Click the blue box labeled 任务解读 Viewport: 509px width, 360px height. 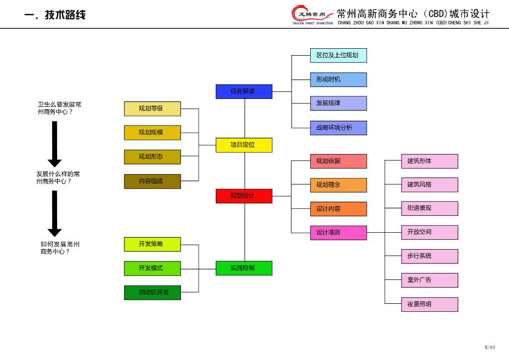click(x=244, y=91)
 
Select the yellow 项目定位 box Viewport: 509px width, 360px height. click(x=244, y=145)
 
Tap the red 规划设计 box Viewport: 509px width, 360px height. click(x=244, y=196)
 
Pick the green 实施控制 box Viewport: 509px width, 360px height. click(x=244, y=268)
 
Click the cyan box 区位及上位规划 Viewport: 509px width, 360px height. click(x=339, y=55)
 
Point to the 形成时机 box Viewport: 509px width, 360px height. click(x=339, y=80)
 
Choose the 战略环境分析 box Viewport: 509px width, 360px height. click(x=339, y=128)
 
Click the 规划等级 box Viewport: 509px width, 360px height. click(x=152, y=108)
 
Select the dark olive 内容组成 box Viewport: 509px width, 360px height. click(x=152, y=181)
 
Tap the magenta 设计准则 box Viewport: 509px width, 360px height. click(x=339, y=233)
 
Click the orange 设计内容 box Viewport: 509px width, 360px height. click(x=339, y=209)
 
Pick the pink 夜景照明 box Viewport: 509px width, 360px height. click(x=429, y=304)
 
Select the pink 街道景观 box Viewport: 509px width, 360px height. click(x=429, y=208)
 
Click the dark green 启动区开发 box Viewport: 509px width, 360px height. click(x=152, y=292)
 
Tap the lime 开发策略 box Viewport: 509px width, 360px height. click(x=152, y=244)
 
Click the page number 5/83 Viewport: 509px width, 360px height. click(x=490, y=347)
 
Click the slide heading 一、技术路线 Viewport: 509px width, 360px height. click(x=55, y=15)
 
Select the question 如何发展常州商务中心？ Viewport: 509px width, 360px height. click(x=60, y=248)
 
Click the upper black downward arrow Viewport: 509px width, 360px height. click(x=55, y=144)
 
